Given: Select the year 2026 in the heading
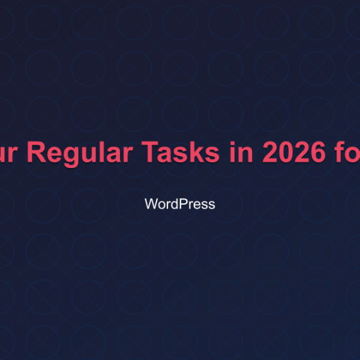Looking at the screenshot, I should (x=291, y=153).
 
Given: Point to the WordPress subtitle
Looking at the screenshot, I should (x=180, y=204).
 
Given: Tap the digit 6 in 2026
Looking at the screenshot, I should (x=318, y=153).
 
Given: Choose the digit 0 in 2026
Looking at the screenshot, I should (x=282, y=153).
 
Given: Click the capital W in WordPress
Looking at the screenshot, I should (x=151, y=204).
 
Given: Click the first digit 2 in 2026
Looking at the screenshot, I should (x=265, y=153).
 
